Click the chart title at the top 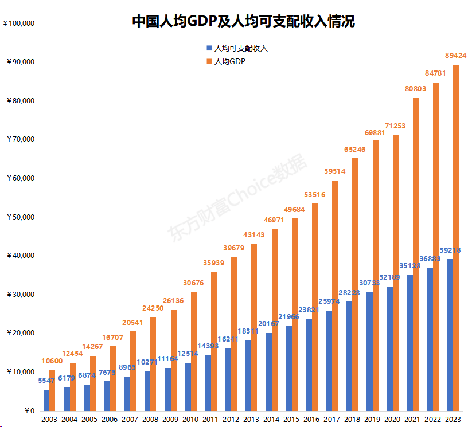click(x=243, y=22)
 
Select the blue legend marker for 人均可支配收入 click(x=209, y=48)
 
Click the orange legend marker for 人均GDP click(x=209, y=61)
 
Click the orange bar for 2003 click(x=52, y=390)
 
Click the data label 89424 click(x=456, y=56)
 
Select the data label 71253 click(x=395, y=126)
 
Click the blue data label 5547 click(x=46, y=381)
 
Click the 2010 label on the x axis click(x=190, y=420)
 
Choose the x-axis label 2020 click(x=392, y=420)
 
